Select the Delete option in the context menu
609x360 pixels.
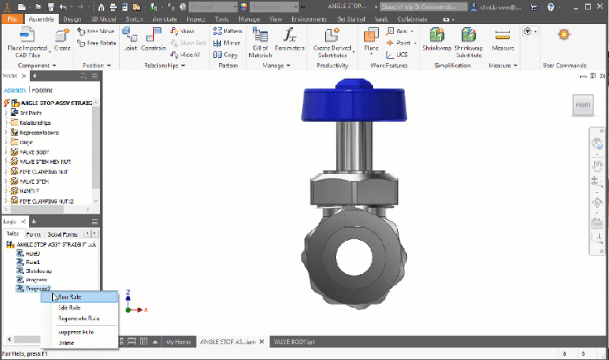[66, 341]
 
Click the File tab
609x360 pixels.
[12, 18]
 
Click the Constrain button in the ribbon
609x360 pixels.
[154, 39]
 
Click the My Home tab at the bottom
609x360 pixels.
[179, 341]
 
